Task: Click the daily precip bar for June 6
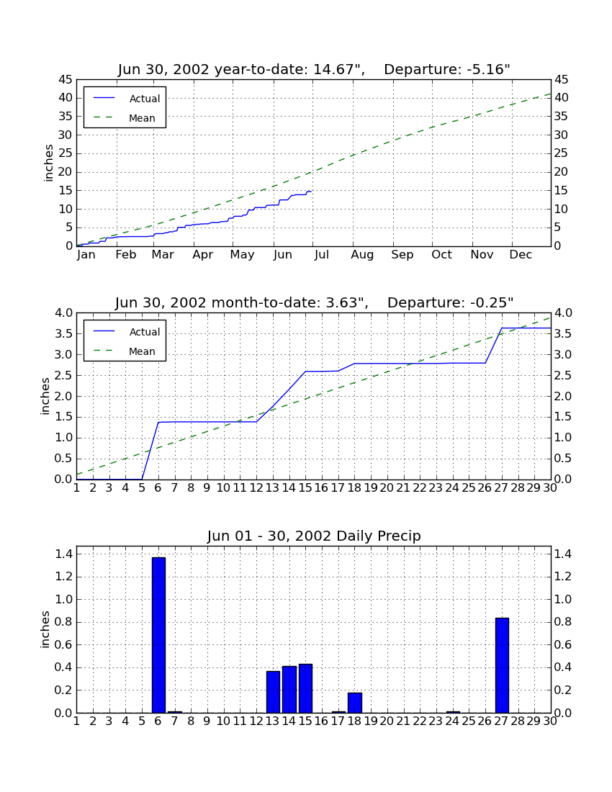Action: point(158,635)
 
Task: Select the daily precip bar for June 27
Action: point(502,665)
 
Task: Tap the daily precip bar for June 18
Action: point(355,703)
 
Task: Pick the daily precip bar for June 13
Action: point(273,692)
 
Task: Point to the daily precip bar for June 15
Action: point(305,688)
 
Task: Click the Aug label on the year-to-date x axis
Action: point(363,255)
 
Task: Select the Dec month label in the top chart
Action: point(521,255)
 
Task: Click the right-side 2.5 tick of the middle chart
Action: point(563,375)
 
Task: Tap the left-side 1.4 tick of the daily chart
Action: point(63,554)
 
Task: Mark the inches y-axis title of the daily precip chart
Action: point(45,629)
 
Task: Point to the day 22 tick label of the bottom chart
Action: point(420,721)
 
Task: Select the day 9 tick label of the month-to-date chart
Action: point(207,487)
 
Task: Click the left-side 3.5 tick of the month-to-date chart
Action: point(63,334)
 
